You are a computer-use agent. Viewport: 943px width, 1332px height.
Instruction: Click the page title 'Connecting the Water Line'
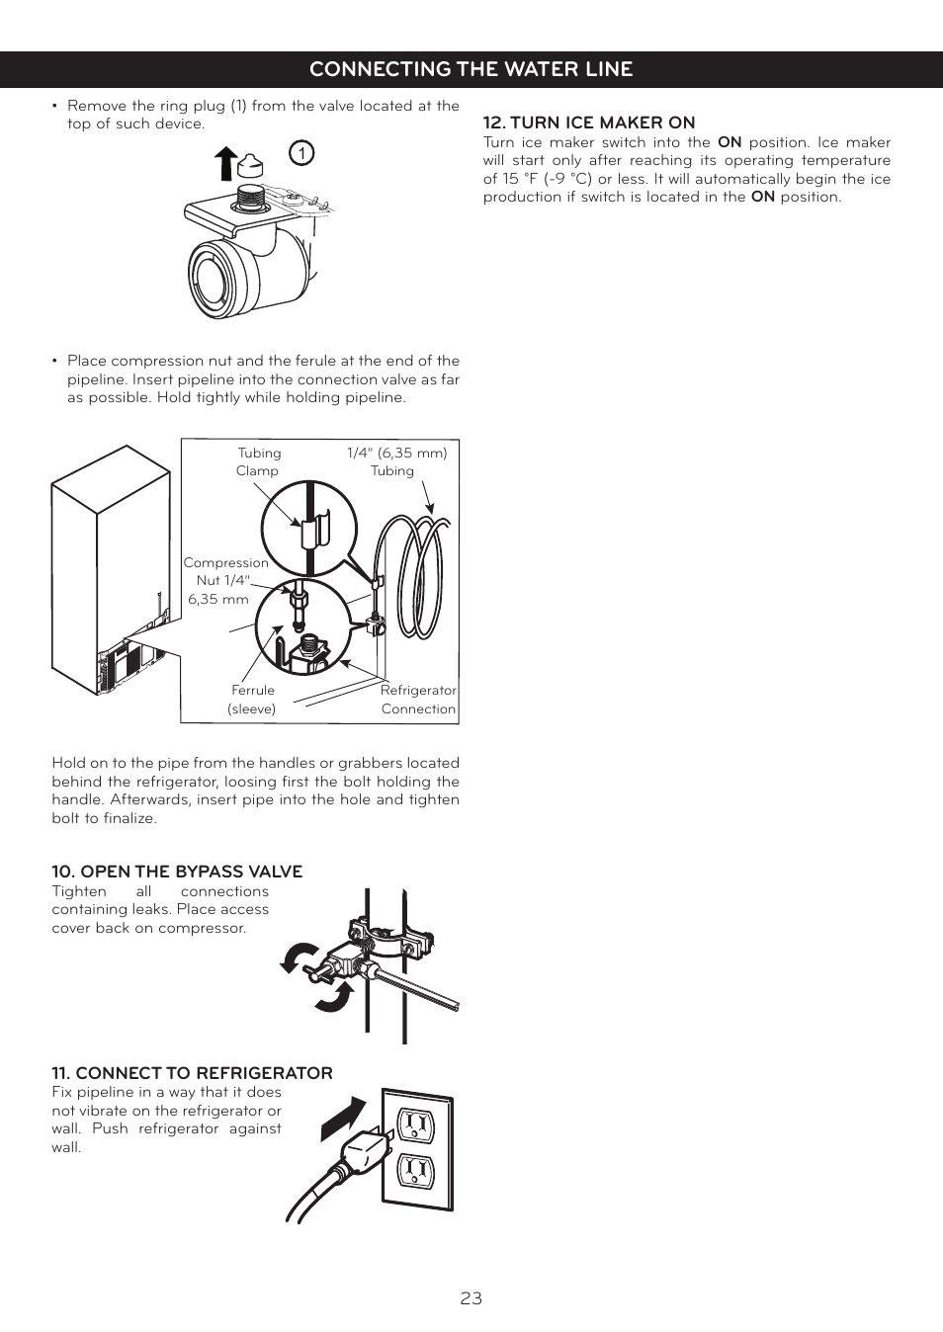click(x=471, y=69)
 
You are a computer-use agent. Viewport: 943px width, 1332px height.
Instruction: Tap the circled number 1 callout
click(x=301, y=153)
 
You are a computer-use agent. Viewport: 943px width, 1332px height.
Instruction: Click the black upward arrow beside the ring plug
click(x=226, y=163)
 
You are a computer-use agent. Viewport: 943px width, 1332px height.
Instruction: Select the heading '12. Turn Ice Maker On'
click(x=588, y=123)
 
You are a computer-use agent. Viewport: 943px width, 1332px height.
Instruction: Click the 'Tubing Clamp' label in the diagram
click(x=258, y=461)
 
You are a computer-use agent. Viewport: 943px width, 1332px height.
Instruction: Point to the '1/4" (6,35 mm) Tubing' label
click(x=395, y=461)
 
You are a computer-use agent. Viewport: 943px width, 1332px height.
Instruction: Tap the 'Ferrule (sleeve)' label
click(x=252, y=700)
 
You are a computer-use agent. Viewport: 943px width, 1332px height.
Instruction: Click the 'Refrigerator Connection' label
click(x=418, y=700)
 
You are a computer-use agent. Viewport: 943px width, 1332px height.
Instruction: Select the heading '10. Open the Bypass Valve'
click(x=177, y=872)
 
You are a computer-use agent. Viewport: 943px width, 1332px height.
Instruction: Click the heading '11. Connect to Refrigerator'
click(x=192, y=1073)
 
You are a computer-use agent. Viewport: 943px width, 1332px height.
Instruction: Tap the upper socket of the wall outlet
click(x=416, y=1124)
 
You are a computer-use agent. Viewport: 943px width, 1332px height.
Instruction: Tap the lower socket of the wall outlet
click(x=416, y=1172)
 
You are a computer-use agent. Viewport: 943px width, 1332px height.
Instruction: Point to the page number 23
click(x=471, y=1298)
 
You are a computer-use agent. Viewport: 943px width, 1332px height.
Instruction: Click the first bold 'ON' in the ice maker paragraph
click(x=729, y=142)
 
